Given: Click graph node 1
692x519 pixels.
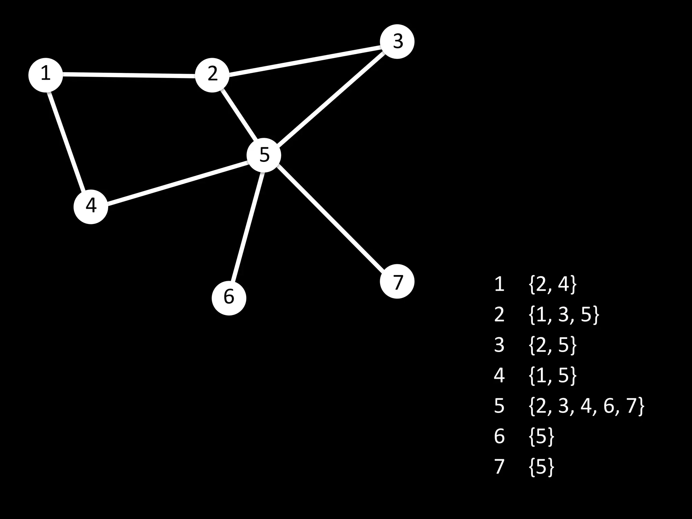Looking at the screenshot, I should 46,75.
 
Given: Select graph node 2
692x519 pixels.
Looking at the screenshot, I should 212,75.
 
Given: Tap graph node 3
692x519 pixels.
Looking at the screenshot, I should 397,42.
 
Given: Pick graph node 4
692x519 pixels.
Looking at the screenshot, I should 91,206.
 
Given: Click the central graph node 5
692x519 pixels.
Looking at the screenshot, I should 264,155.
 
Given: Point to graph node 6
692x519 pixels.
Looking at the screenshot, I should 229,298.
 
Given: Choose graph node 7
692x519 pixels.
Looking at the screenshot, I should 397,281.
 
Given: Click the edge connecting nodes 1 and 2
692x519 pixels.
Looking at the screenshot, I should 128,75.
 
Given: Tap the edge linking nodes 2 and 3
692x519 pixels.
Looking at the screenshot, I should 304,61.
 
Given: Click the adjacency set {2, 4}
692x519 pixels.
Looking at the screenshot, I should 552,284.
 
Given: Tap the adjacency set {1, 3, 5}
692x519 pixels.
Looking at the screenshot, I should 564,315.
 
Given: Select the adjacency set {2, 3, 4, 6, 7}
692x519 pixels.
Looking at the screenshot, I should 586,406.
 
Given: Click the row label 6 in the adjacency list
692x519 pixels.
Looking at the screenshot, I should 499,436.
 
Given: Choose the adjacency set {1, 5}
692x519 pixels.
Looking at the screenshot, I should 552,375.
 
